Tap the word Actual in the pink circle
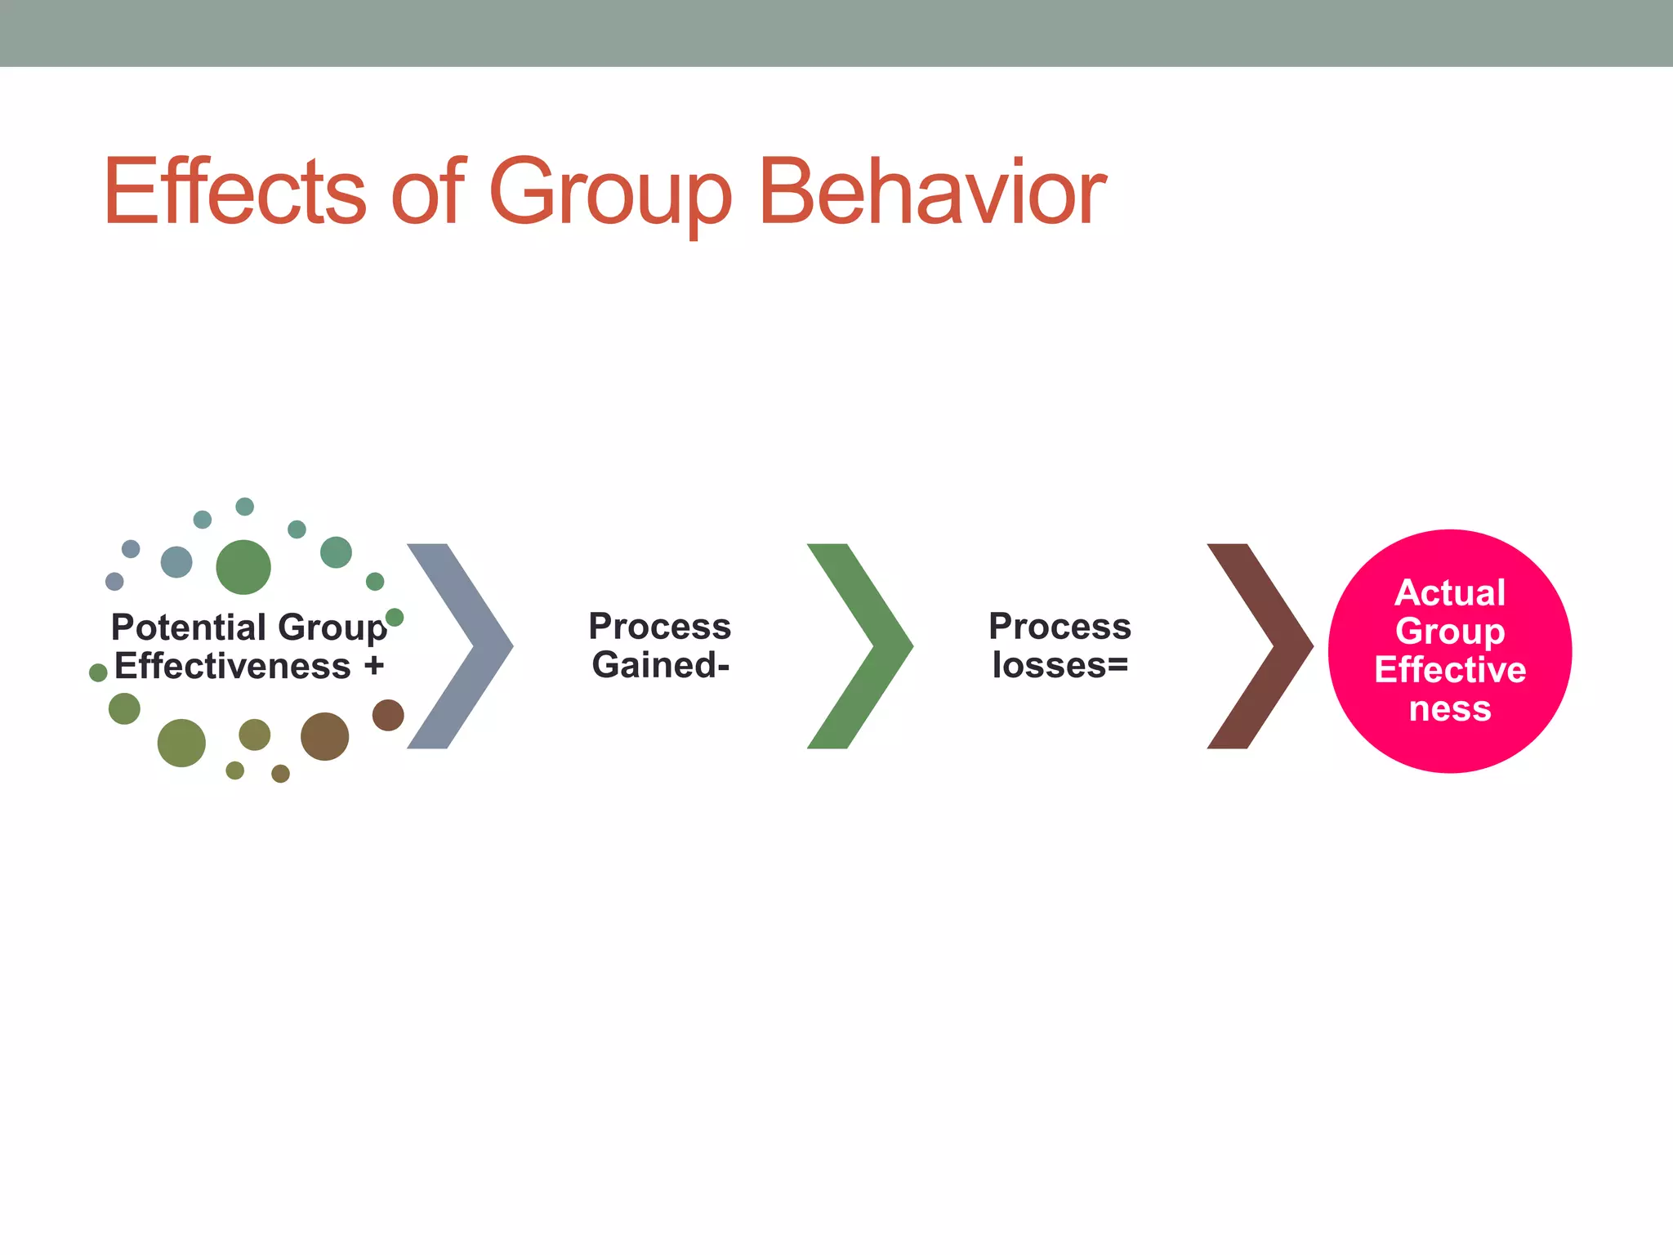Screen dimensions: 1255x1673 (1450, 593)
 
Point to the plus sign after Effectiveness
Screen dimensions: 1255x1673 (374, 666)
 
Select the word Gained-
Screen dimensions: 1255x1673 (660, 665)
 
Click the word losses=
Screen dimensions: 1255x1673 (1060, 665)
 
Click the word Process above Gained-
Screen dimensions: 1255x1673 (660, 627)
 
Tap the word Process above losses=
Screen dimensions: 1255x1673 (1060, 627)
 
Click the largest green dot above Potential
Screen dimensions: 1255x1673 (243, 567)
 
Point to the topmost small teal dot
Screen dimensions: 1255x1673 (245, 507)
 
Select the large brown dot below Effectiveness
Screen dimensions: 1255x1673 (324, 736)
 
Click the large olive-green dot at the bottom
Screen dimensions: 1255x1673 (181, 743)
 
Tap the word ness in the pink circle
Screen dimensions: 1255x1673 (1450, 708)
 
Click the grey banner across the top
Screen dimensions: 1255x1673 (836, 33)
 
